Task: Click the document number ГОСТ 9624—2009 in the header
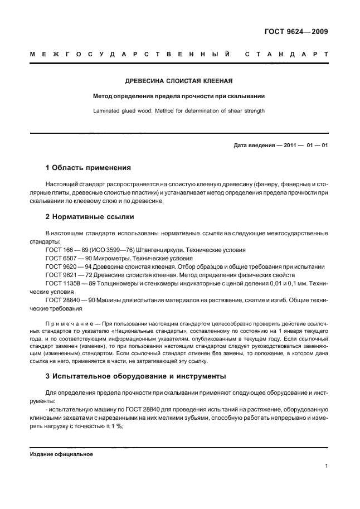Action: point(296,32)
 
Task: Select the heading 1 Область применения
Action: point(88,167)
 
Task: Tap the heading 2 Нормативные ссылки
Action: point(89,216)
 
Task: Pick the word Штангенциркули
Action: point(166,250)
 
